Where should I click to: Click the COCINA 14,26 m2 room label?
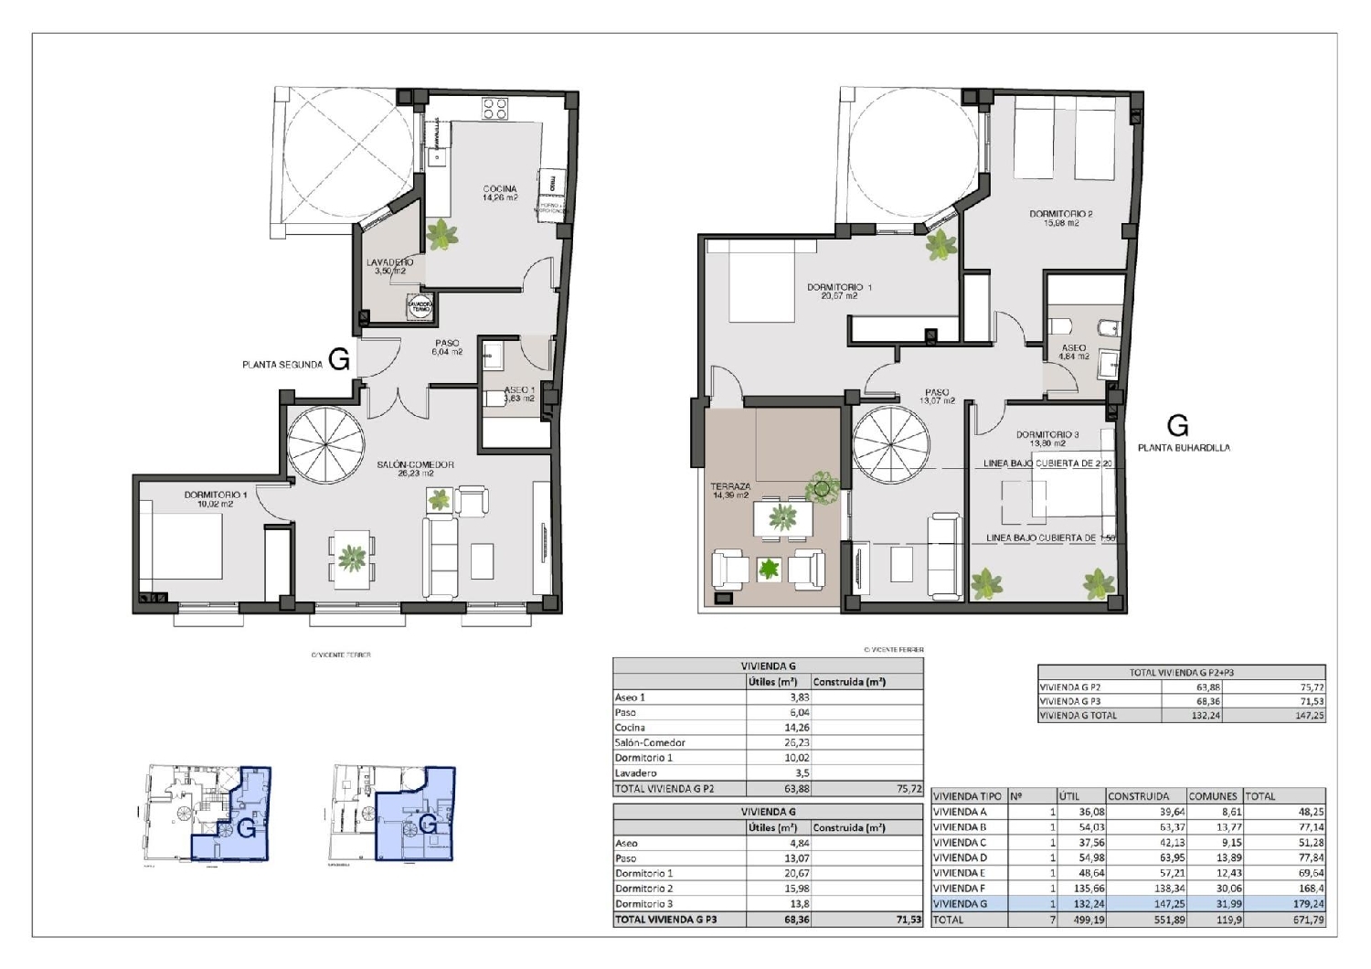[x=500, y=193]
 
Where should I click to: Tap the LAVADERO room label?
[x=389, y=266]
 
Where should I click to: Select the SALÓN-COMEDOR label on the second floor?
[x=415, y=468]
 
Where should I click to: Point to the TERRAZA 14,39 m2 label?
[x=730, y=491]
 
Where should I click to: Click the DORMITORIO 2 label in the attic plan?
[x=1060, y=218]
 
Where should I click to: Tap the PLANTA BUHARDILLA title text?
[x=1184, y=448]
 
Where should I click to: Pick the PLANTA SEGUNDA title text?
[x=282, y=365]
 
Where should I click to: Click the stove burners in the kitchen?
[x=495, y=109]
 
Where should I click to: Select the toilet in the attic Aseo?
[x=1061, y=326]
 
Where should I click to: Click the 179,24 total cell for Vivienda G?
[x=1308, y=904]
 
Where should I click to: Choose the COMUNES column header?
[x=1213, y=796]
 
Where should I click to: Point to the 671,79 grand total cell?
[x=1308, y=920]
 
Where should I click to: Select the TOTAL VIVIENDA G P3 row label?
[x=665, y=920]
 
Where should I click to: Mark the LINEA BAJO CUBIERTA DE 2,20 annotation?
[x=1047, y=463]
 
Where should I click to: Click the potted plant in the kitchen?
[x=442, y=236]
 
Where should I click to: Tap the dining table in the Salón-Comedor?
[x=352, y=558]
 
